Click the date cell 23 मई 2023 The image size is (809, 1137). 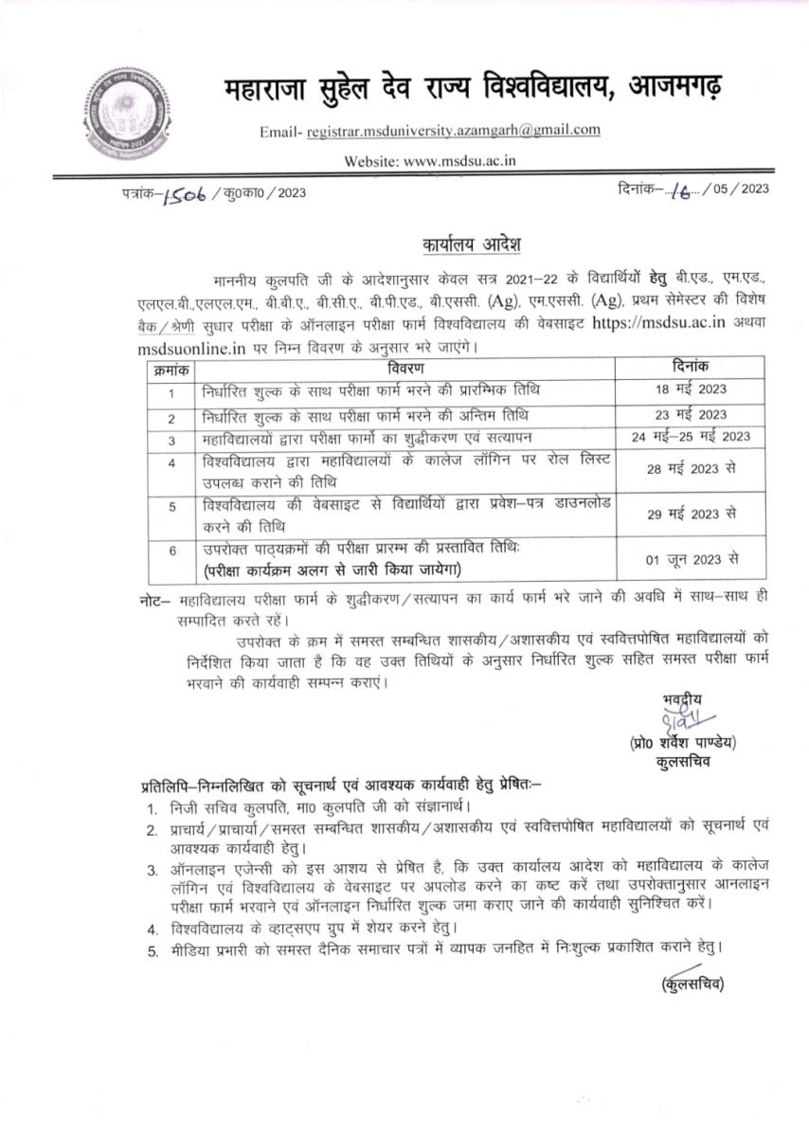[691, 415]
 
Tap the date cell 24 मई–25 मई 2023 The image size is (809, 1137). [691, 438]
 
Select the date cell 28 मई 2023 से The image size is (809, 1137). [691, 469]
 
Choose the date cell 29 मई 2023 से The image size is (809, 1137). [691, 513]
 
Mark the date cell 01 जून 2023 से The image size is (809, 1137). [691, 559]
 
